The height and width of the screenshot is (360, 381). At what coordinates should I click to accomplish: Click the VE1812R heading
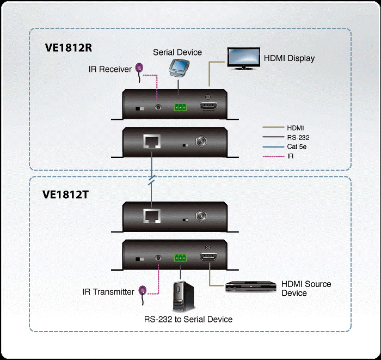point(68,47)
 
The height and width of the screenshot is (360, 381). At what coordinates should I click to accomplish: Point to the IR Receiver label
point(110,69)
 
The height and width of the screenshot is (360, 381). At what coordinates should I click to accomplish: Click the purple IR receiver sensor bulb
point(139,69)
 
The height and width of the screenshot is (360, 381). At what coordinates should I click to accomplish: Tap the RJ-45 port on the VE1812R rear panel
point(151,142)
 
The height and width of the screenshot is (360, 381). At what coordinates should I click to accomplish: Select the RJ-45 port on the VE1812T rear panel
point(151,217)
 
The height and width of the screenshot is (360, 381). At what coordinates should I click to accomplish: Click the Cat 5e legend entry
point(297,147)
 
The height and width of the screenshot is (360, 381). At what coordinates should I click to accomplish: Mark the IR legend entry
point(291,156)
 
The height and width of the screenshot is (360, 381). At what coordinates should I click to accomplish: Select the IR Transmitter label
point(108,292)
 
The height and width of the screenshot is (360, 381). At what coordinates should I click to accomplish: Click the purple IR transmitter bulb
point(143,290)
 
